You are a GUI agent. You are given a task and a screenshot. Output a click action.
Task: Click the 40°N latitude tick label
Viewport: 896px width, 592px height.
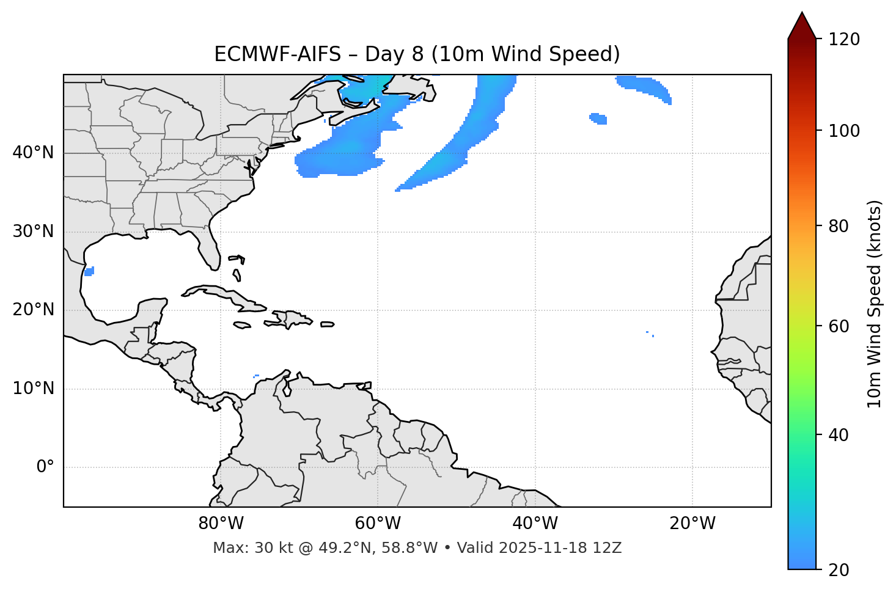click(x=33, y=153)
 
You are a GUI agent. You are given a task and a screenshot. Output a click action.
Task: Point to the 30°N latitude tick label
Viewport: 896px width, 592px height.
click(x=33, y=232)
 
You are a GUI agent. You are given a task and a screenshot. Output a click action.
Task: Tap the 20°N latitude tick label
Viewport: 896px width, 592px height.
click(x=33, y=310)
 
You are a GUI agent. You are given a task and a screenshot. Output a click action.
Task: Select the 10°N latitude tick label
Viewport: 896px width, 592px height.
click(x=33, y=389)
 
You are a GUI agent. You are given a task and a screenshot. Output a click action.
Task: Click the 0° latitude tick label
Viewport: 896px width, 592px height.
click(x=45, y=467)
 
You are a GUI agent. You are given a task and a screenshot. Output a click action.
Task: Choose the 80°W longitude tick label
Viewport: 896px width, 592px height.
click(x=221, y=524)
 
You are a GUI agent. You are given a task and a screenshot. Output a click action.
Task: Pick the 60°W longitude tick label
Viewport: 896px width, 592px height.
click(x=378, y=524)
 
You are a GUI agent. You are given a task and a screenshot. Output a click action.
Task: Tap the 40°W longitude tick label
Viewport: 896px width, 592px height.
click(x=535, y=524)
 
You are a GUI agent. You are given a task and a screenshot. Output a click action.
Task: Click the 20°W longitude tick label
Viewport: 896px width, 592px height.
click(x=692, y=524)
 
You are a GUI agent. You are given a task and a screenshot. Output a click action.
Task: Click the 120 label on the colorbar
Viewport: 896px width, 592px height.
click(x=844, y=40)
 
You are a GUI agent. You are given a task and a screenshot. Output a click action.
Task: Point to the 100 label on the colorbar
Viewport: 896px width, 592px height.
click(x=844, y=131)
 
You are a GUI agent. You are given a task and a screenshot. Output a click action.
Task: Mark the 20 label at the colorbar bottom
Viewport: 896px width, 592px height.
click(x=839, y=570)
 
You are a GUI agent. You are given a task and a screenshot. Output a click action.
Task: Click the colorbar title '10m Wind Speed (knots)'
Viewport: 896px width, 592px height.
click(x=875, y=304)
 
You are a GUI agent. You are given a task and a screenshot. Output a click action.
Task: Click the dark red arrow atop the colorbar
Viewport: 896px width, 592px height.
click(x=802, y=26)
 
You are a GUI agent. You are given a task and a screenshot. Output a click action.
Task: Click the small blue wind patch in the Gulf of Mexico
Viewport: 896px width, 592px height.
click(x=89, y=271)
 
